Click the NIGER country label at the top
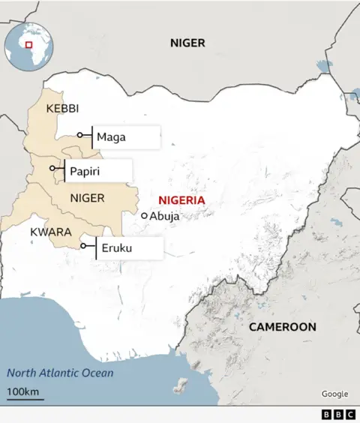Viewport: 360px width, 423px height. point(187,43)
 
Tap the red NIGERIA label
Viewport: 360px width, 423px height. point(181,199)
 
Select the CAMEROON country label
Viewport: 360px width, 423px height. point(282,327)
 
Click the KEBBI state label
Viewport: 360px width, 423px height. point(62,109)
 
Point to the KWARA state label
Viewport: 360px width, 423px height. point(50,232)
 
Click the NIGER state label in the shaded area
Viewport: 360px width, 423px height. point(87,198)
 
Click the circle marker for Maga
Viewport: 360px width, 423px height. point(80,136)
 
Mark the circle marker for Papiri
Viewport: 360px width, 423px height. point(52,169)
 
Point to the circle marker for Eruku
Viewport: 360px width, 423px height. point(83,245)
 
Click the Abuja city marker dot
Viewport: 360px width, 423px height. point(145,215)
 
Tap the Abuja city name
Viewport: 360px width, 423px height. point(164,216)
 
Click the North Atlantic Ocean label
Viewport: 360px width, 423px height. point(60,373)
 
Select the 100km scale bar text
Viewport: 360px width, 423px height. point(24,391)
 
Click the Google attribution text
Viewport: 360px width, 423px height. point(334,394)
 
